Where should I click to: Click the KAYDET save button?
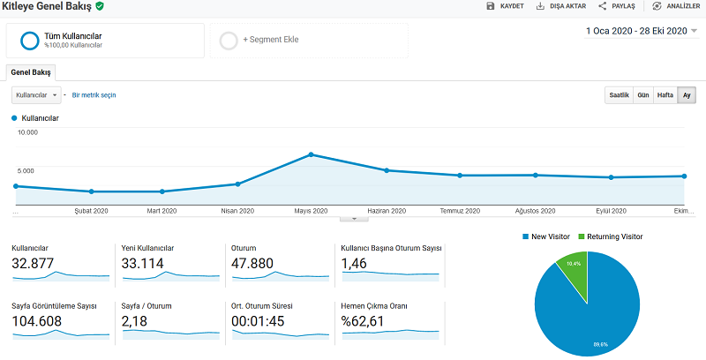tap(505, 6)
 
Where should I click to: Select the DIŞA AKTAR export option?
tap(561, 6)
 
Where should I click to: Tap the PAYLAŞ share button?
tap(616, 6)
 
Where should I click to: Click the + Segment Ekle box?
tap(309, 41)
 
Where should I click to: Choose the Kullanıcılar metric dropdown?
tap(36, 95)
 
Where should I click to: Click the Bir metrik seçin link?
tap(94, 95)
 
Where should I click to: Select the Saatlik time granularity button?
tap(620, 95)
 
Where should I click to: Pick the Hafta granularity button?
tap(665, 95)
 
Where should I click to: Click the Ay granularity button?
tap(687, 95)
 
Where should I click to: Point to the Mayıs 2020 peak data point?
tap(311, 154)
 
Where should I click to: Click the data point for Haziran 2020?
tap(387, 170)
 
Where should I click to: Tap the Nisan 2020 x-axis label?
tap(237, 211)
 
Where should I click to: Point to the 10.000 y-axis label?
tap(27, 132)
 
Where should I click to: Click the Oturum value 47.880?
tap(252, 263)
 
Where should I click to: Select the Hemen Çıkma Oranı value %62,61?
tap(363, 321)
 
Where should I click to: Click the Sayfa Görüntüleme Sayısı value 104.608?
tap(36, 321)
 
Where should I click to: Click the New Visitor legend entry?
tap(546, 236)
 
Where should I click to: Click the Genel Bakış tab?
tap(31, 72)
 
